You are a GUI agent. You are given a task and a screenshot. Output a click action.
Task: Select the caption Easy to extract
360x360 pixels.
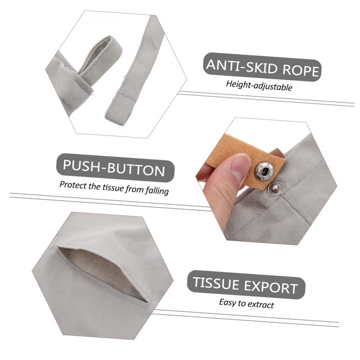click(246, 303)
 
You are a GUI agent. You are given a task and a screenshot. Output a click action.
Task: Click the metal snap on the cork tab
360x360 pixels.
click(264, 170)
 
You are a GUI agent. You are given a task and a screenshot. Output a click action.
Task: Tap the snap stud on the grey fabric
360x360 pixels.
click(274, 190)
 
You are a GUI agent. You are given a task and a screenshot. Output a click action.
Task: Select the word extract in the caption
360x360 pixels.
click(260, 304)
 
